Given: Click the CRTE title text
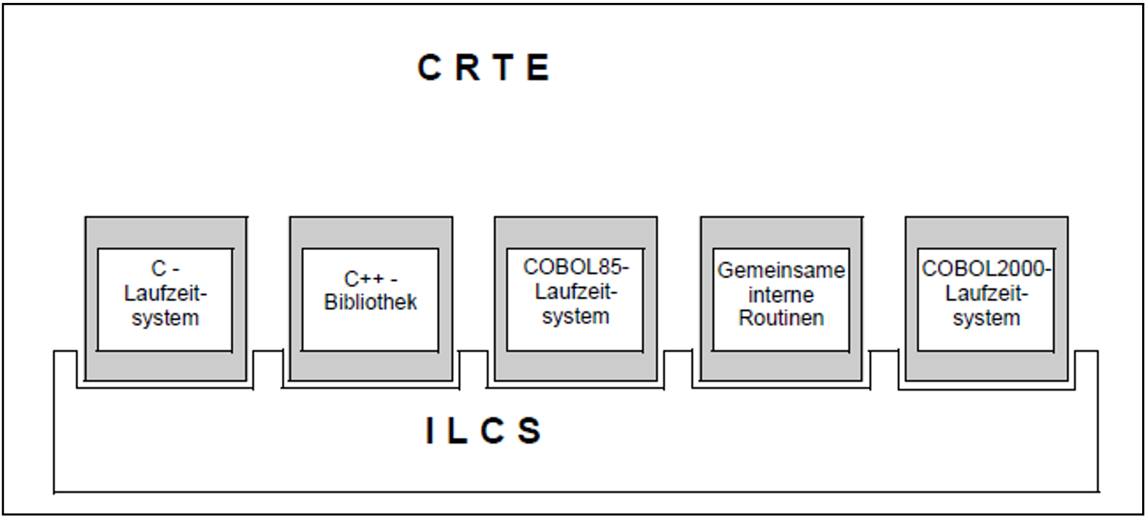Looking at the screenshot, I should click(x=483, y=68).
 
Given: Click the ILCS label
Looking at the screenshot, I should click(x=483, y=430).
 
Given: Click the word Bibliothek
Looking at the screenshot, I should click(x=370, y=302).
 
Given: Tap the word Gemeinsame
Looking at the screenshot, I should click(x=781, y=270).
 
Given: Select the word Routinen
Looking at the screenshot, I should click(x=781, y=318).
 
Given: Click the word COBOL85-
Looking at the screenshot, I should click(x=575, y=268).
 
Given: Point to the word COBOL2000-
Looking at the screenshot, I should click(x=986, y=269).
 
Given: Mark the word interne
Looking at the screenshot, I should click(x=781, y=295).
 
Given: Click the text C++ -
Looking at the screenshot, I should click(x=370, y=278).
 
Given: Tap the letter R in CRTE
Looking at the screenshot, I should click(x=467, y=68).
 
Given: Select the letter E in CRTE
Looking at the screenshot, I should click(x=538, y=68).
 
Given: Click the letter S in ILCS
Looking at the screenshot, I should click(x=530, y=430).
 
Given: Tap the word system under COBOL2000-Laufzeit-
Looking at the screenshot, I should click(x=986, y=318).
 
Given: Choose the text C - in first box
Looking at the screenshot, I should click(x=165, y=269).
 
